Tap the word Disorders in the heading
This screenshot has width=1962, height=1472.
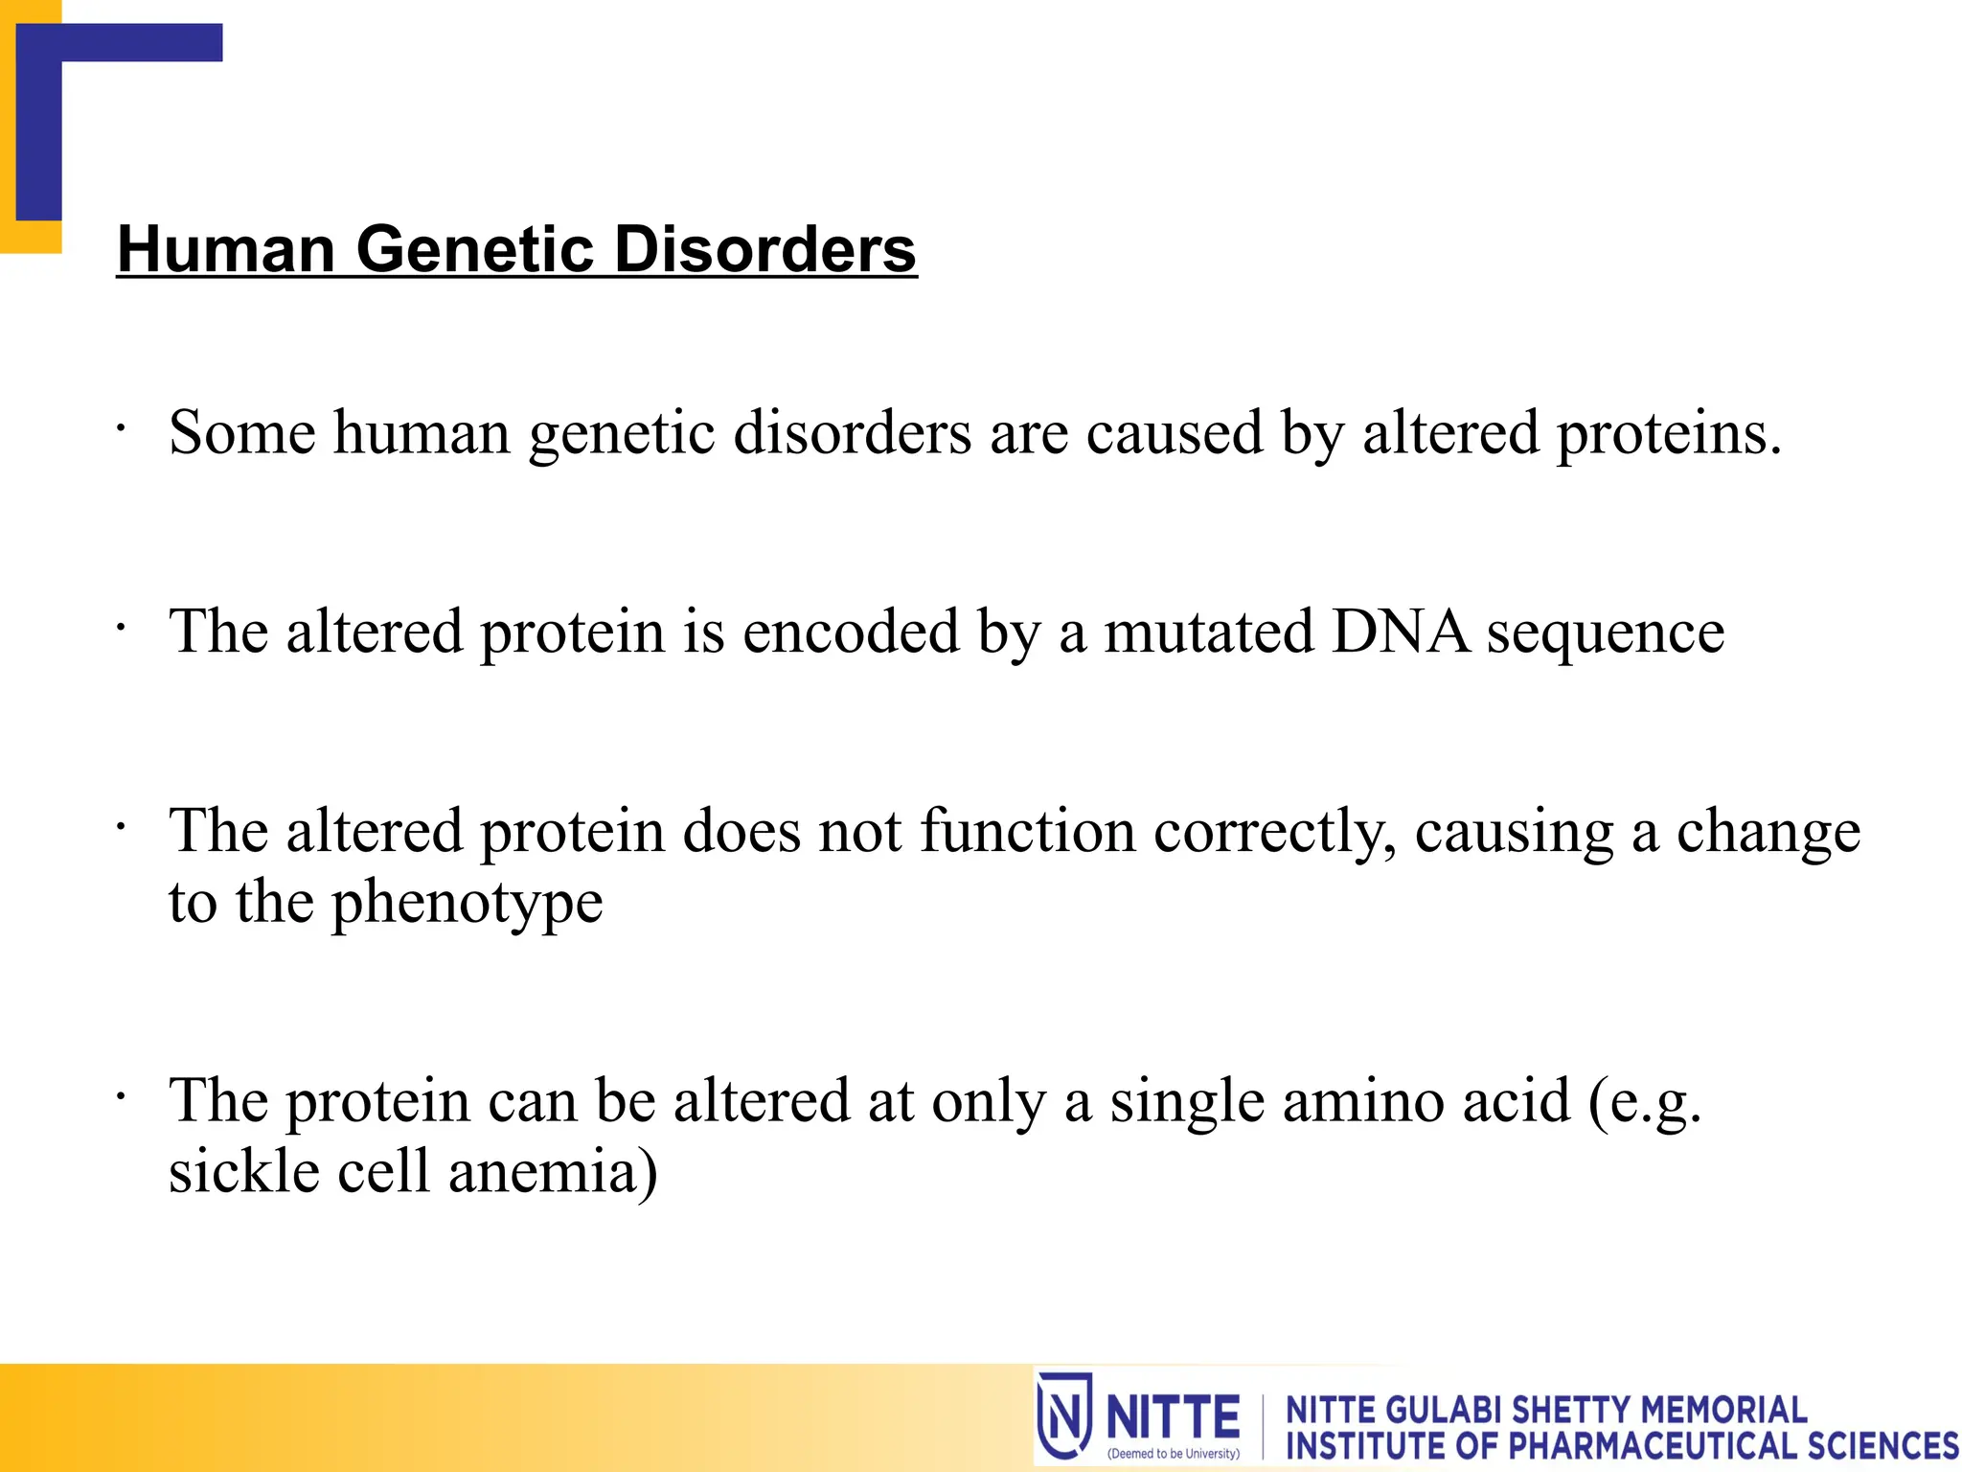tap(764, 249)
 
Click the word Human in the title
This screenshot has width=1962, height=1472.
tap(226, 249)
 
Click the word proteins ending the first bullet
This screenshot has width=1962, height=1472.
tap(1668, 433)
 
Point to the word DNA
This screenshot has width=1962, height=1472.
tap(1400, 632)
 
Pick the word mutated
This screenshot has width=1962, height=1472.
tap(1208, 632)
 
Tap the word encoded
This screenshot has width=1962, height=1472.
tap(850, 632)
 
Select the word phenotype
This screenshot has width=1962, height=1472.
tap(467, 903)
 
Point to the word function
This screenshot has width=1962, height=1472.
tap(1027, 832)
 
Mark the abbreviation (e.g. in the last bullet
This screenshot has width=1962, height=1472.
tap(1644, 1102)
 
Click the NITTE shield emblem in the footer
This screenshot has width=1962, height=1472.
tap(1064, 1415)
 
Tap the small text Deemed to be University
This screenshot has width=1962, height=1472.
tap(1173, 1454)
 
